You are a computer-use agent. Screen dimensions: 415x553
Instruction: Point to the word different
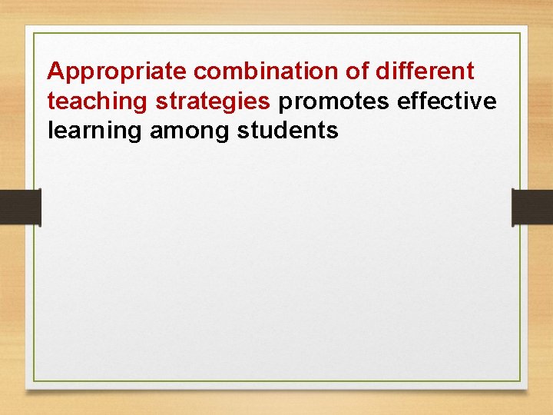426,71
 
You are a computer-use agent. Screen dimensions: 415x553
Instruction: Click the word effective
447,101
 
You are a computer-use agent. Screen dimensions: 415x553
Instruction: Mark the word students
288,131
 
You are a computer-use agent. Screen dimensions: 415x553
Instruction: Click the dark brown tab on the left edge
20,207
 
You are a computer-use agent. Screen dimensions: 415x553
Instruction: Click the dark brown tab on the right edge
532,207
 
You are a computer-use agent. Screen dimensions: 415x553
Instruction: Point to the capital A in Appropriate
55,71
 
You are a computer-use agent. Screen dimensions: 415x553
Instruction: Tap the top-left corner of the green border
33,33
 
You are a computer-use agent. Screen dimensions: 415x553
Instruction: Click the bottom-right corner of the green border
520,382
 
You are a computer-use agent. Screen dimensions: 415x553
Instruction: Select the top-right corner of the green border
520,33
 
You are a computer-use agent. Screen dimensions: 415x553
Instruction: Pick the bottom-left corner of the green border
33,382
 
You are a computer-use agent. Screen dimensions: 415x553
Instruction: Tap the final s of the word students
333,131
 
